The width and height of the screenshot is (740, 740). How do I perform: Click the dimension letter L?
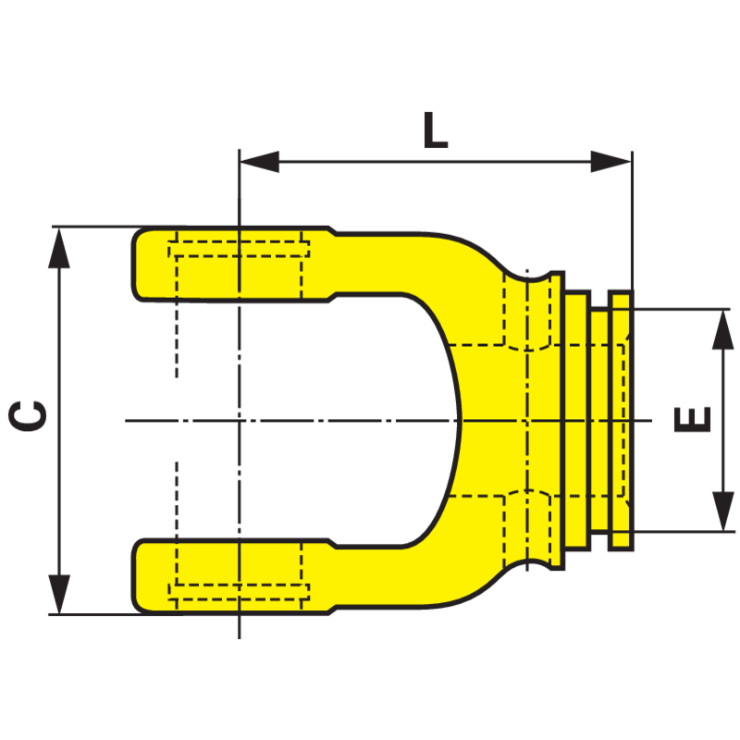(x=435, y=129)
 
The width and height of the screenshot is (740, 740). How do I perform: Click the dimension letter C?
(x=28, y=415)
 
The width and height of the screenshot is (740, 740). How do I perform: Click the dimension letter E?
(x=692, y=419)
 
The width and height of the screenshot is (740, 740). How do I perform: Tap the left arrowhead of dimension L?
(x=259, y=161)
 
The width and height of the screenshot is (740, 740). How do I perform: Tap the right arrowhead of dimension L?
(x=611, y=161)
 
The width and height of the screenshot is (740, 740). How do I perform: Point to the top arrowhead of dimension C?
(x=59, y=247)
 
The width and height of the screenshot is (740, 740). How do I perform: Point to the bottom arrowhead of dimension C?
(x=59, y=594)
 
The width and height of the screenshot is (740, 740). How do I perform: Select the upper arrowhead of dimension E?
(x=722, y=329)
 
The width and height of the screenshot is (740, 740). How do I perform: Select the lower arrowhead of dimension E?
(x=722, y=512)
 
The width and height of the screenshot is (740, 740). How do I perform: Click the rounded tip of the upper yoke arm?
(x=134, y=264)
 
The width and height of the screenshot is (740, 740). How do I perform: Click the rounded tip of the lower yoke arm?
(x=134, y=575)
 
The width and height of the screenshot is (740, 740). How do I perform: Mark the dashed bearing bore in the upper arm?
(x=239, y=269)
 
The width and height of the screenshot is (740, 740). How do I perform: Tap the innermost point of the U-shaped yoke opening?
(x=459, y=420)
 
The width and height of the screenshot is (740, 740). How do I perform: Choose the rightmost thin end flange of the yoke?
(x=621, y=420)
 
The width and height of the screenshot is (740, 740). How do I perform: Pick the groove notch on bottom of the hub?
(x=528, y=564)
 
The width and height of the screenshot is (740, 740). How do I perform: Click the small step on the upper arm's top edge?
(x=332, y=230)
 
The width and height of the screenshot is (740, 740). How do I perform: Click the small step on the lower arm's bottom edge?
(x=332, y=610)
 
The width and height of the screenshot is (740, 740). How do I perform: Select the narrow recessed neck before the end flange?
(x=599, y=420)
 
